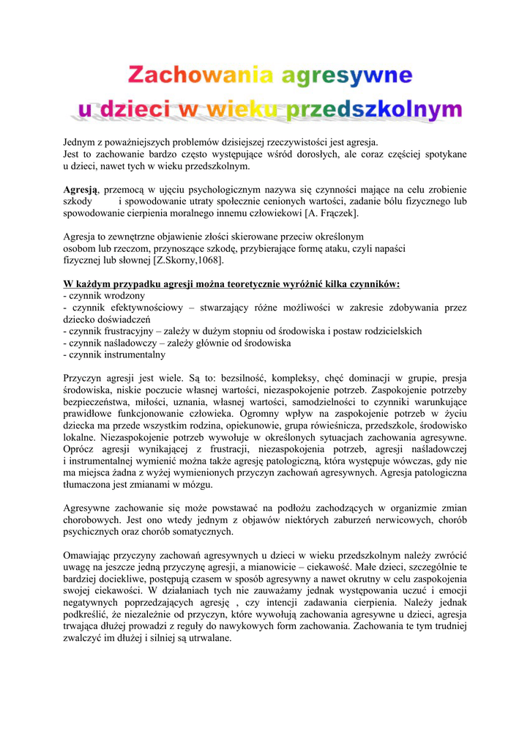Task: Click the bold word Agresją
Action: pyautogui.click(x=81, y=189)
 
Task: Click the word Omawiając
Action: pyautogui.click(x=89, y=555)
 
